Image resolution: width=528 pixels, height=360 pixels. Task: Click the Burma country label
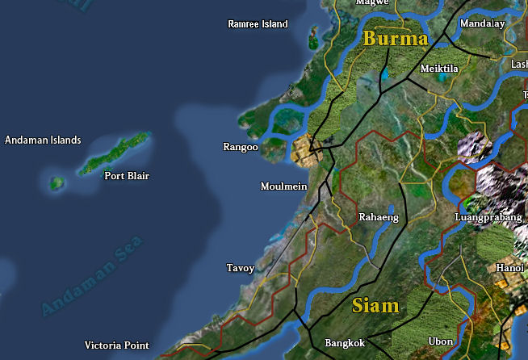point(395,39)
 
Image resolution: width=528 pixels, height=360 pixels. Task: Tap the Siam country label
point(375,306)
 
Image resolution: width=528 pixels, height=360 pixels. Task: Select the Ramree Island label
point(258,24)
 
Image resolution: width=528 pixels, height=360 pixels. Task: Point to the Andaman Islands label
point(43,140)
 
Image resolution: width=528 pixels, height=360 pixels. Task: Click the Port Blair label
point(127,176)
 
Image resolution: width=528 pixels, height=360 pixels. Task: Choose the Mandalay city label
point(482,24)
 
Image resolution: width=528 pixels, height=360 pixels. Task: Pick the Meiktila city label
point(439,69)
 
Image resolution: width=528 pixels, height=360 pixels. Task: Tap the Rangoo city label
point(241,147)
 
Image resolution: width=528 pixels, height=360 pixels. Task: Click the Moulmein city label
point(284,186)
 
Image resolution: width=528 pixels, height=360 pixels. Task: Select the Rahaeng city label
point(379,217)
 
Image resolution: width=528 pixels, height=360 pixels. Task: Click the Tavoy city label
point(241,268)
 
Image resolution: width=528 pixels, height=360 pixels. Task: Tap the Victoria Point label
point(116,345)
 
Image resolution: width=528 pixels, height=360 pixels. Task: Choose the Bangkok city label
point(345,342)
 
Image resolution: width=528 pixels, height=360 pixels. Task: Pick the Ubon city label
point(441,341)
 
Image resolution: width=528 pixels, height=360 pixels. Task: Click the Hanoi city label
point(509,268)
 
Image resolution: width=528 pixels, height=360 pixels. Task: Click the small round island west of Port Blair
point(57,184)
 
